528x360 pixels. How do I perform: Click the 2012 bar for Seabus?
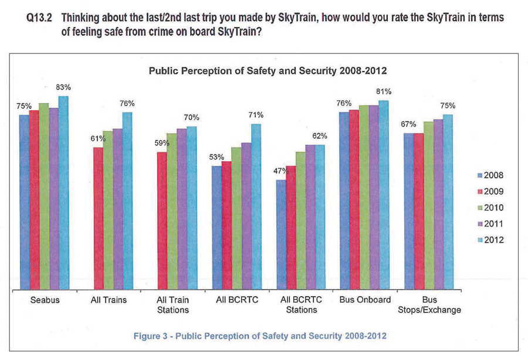point(63,193)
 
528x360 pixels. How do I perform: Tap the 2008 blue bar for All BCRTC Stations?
point(281,235)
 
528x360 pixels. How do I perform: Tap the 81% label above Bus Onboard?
point(384,92)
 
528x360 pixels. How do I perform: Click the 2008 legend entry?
point(486,175)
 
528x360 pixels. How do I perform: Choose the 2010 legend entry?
point(486,208)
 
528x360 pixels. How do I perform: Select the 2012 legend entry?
point(486,240)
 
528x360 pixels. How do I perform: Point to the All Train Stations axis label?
point(171,305)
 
